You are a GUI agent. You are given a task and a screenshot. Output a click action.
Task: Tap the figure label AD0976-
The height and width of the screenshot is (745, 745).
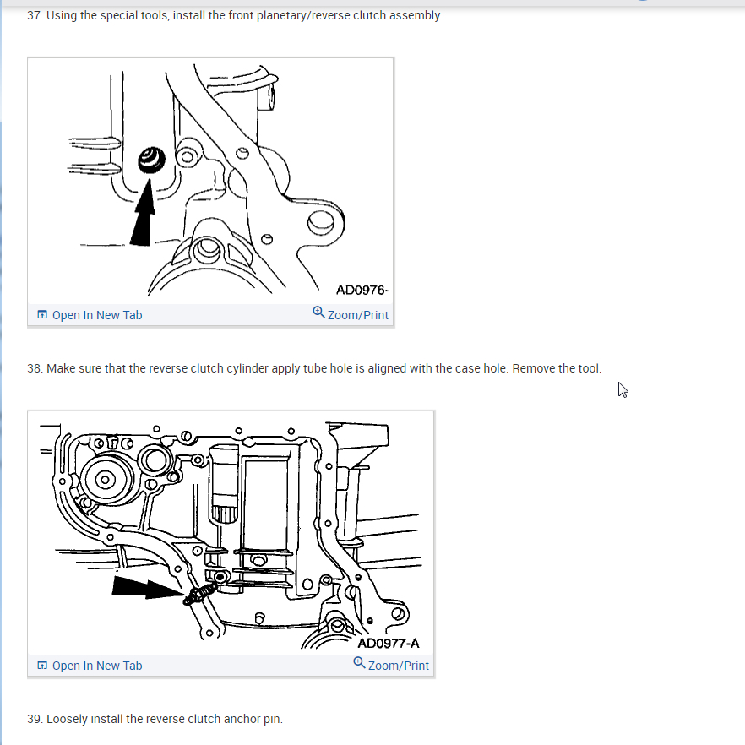(362, 290)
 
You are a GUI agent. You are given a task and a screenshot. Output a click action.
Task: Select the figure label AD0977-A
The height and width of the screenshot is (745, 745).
(389, 644)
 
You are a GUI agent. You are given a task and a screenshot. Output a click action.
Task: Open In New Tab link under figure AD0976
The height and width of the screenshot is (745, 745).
(90, 315)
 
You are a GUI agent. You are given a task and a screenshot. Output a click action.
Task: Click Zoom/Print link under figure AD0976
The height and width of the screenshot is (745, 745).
(351, 314)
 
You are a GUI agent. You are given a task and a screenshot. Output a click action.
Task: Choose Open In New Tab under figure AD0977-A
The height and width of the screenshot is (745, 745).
(90, 666)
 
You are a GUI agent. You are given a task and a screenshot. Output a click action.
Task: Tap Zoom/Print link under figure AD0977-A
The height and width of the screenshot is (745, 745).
(391, 665)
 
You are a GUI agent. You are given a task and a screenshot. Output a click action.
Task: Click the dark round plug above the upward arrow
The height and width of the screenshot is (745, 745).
(151, 160)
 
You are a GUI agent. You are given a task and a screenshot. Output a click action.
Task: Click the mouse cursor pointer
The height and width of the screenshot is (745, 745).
(623, 389)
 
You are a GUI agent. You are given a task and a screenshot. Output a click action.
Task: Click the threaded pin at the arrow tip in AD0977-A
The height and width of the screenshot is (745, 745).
(199, 595)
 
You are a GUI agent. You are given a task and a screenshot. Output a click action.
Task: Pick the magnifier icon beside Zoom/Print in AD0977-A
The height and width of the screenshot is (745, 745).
(359, 663)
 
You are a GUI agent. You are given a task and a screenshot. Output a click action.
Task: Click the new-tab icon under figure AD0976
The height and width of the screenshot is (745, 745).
(42, 314)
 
